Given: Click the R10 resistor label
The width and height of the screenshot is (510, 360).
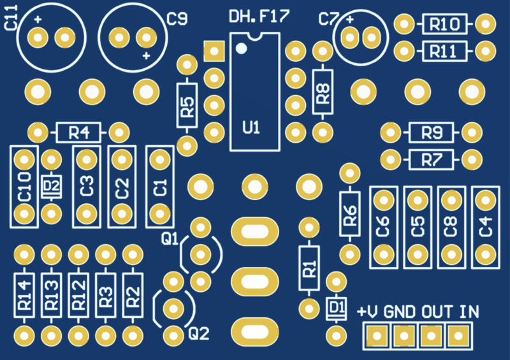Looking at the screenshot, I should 445,25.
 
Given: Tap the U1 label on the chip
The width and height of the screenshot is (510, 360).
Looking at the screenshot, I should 252,127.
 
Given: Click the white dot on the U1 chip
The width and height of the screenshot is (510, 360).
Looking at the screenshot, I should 241,48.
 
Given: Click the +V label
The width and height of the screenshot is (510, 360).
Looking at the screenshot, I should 368,313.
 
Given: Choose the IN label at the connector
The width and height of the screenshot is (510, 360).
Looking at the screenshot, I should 470,313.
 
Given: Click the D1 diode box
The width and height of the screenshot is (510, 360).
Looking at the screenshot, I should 335,309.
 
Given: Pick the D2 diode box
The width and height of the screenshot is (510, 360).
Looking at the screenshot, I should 50,186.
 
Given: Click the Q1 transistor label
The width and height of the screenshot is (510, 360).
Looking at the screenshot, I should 170,239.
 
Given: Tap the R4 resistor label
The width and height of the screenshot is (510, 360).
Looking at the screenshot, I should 78,133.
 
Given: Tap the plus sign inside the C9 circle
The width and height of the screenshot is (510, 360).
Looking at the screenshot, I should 147,57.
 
